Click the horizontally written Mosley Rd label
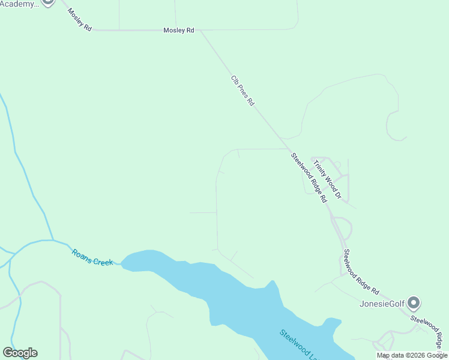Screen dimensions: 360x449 pos(179,30)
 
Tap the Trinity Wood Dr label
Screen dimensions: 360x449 pos(327,178)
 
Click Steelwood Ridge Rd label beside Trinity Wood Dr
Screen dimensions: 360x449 pos(309,177)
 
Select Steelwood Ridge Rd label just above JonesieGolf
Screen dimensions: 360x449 pos(362,272)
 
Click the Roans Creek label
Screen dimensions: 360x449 pos(92,257)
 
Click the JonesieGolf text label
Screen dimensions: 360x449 pos(381,304)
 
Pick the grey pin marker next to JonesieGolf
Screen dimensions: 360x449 pos(414,302)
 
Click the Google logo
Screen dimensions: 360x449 pos(20,353)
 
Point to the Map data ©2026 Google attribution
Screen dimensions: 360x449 pos(412,355)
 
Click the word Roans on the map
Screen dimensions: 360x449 pos(82,254)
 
